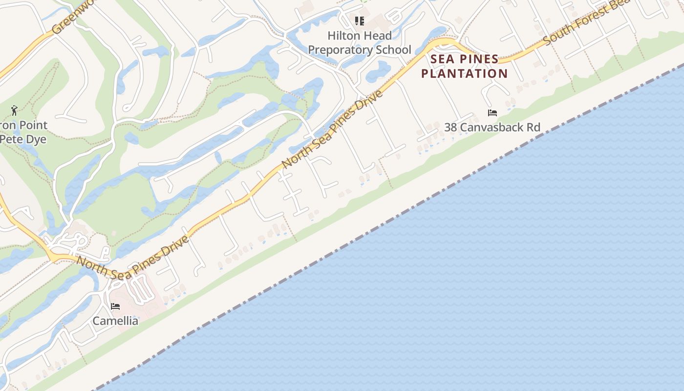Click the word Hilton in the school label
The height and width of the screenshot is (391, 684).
click(342, 36)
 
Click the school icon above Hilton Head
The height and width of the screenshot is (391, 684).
click(360, 21)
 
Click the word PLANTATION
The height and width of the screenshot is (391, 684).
click(465, 73)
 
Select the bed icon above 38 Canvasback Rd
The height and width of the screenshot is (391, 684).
click(492, 113)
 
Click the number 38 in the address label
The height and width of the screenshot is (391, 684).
click(450, 128)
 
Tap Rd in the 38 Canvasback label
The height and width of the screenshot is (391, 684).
click(534, 128)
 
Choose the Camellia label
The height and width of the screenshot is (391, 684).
click(115, 321)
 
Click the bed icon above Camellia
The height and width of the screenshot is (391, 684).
click(115, 306)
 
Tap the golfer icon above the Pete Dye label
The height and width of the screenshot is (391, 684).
click(14, 110)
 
